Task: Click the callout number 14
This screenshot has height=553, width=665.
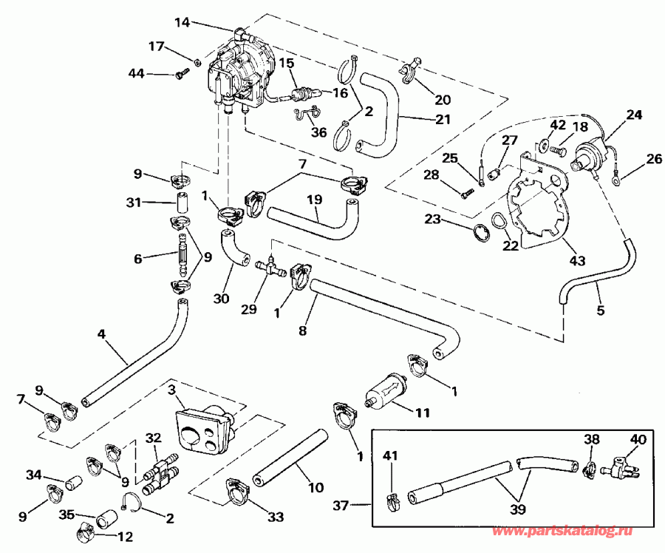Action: point(182,23)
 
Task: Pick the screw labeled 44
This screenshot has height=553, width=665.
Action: point(182,73)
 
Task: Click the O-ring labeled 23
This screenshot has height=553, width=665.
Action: point(481,232)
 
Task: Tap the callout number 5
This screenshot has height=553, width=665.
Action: point(600,311)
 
